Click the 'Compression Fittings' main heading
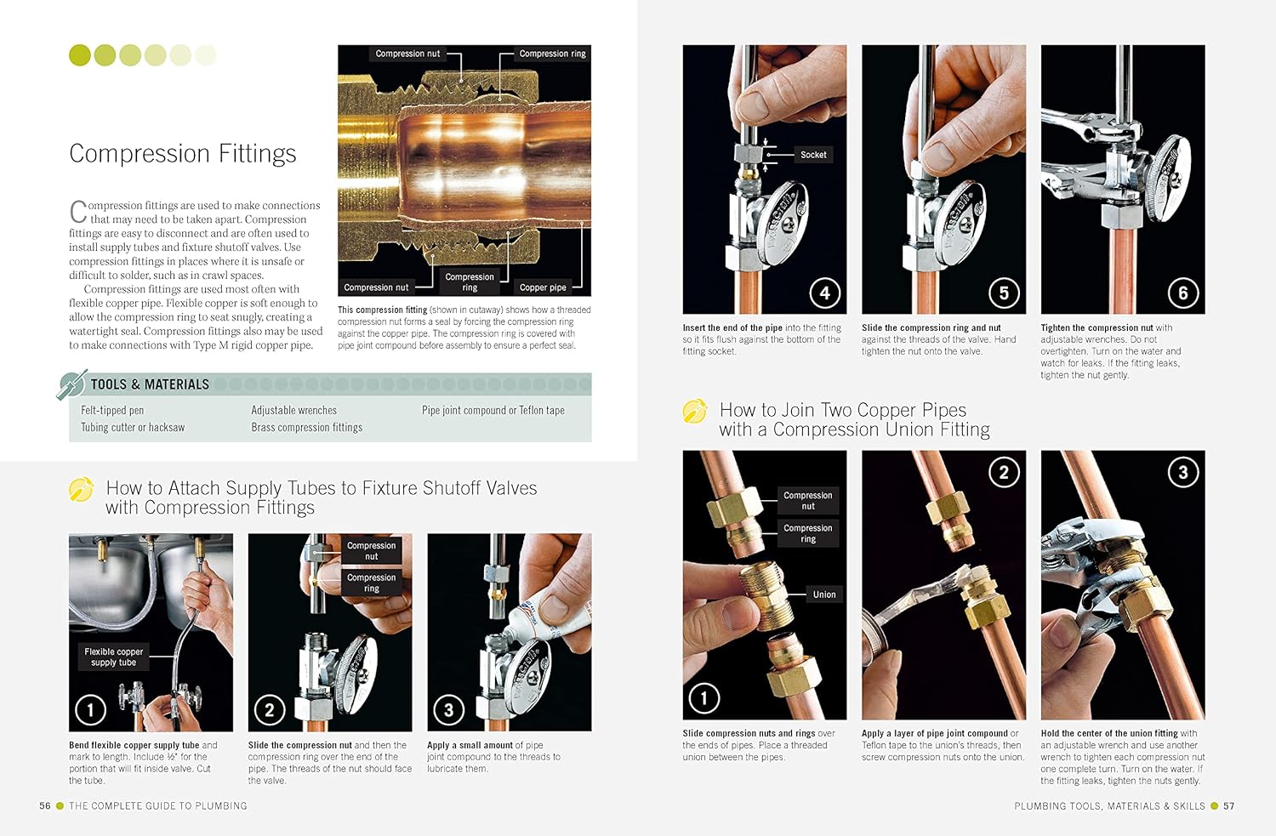point(183,154)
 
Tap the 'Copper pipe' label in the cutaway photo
point(543,287)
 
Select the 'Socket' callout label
point(813,155)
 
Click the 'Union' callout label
point(823,594)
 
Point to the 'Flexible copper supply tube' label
point(114,657)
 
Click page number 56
point(45,805)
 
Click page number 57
point(1228,805)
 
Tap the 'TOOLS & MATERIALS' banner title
point(150,384)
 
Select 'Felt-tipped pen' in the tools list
point(112,410)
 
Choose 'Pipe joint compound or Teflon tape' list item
point(493,410)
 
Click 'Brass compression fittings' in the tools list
point(306,427)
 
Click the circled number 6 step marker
point(1182,293)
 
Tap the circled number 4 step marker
point(824,293)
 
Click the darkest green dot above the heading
point(79,55)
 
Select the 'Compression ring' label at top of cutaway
point(552,54)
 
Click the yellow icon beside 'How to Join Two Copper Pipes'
point(695,412)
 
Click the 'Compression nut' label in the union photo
point(807,500)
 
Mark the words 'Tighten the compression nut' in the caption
point(1097,327)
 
